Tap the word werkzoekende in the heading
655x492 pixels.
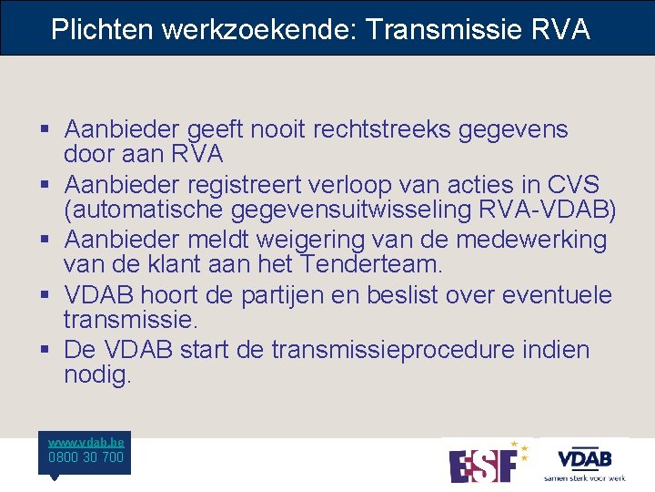point(258,29)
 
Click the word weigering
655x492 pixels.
point(328,240)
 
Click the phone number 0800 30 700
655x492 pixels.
point(86,457)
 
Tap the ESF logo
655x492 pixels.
point(488,462)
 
